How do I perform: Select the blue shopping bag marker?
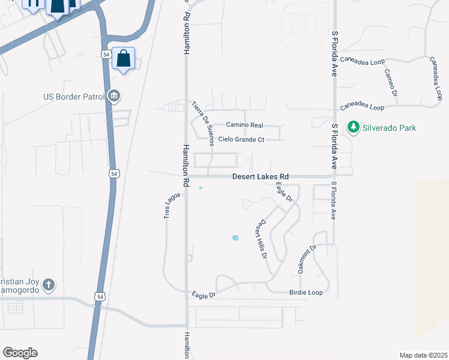[x=123, y=59]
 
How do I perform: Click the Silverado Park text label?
[x=390, y=127]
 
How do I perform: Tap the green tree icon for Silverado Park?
[x=354, y=127]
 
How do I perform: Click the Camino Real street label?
[x=244, y=125]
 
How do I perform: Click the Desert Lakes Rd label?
[x=261, y=177]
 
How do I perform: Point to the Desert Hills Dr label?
[x=261, y=238]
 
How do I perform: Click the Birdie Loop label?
[x=306, y=292]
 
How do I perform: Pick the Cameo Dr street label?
[x=391, y=82]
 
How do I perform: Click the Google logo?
[x=20, y=353]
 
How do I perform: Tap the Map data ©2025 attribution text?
[x=423, y=355]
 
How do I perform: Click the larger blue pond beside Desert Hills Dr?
[x=235, y=238]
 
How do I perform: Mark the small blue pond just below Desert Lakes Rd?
[x=200, y=188]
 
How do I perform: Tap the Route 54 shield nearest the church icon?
[x=100, y=296]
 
